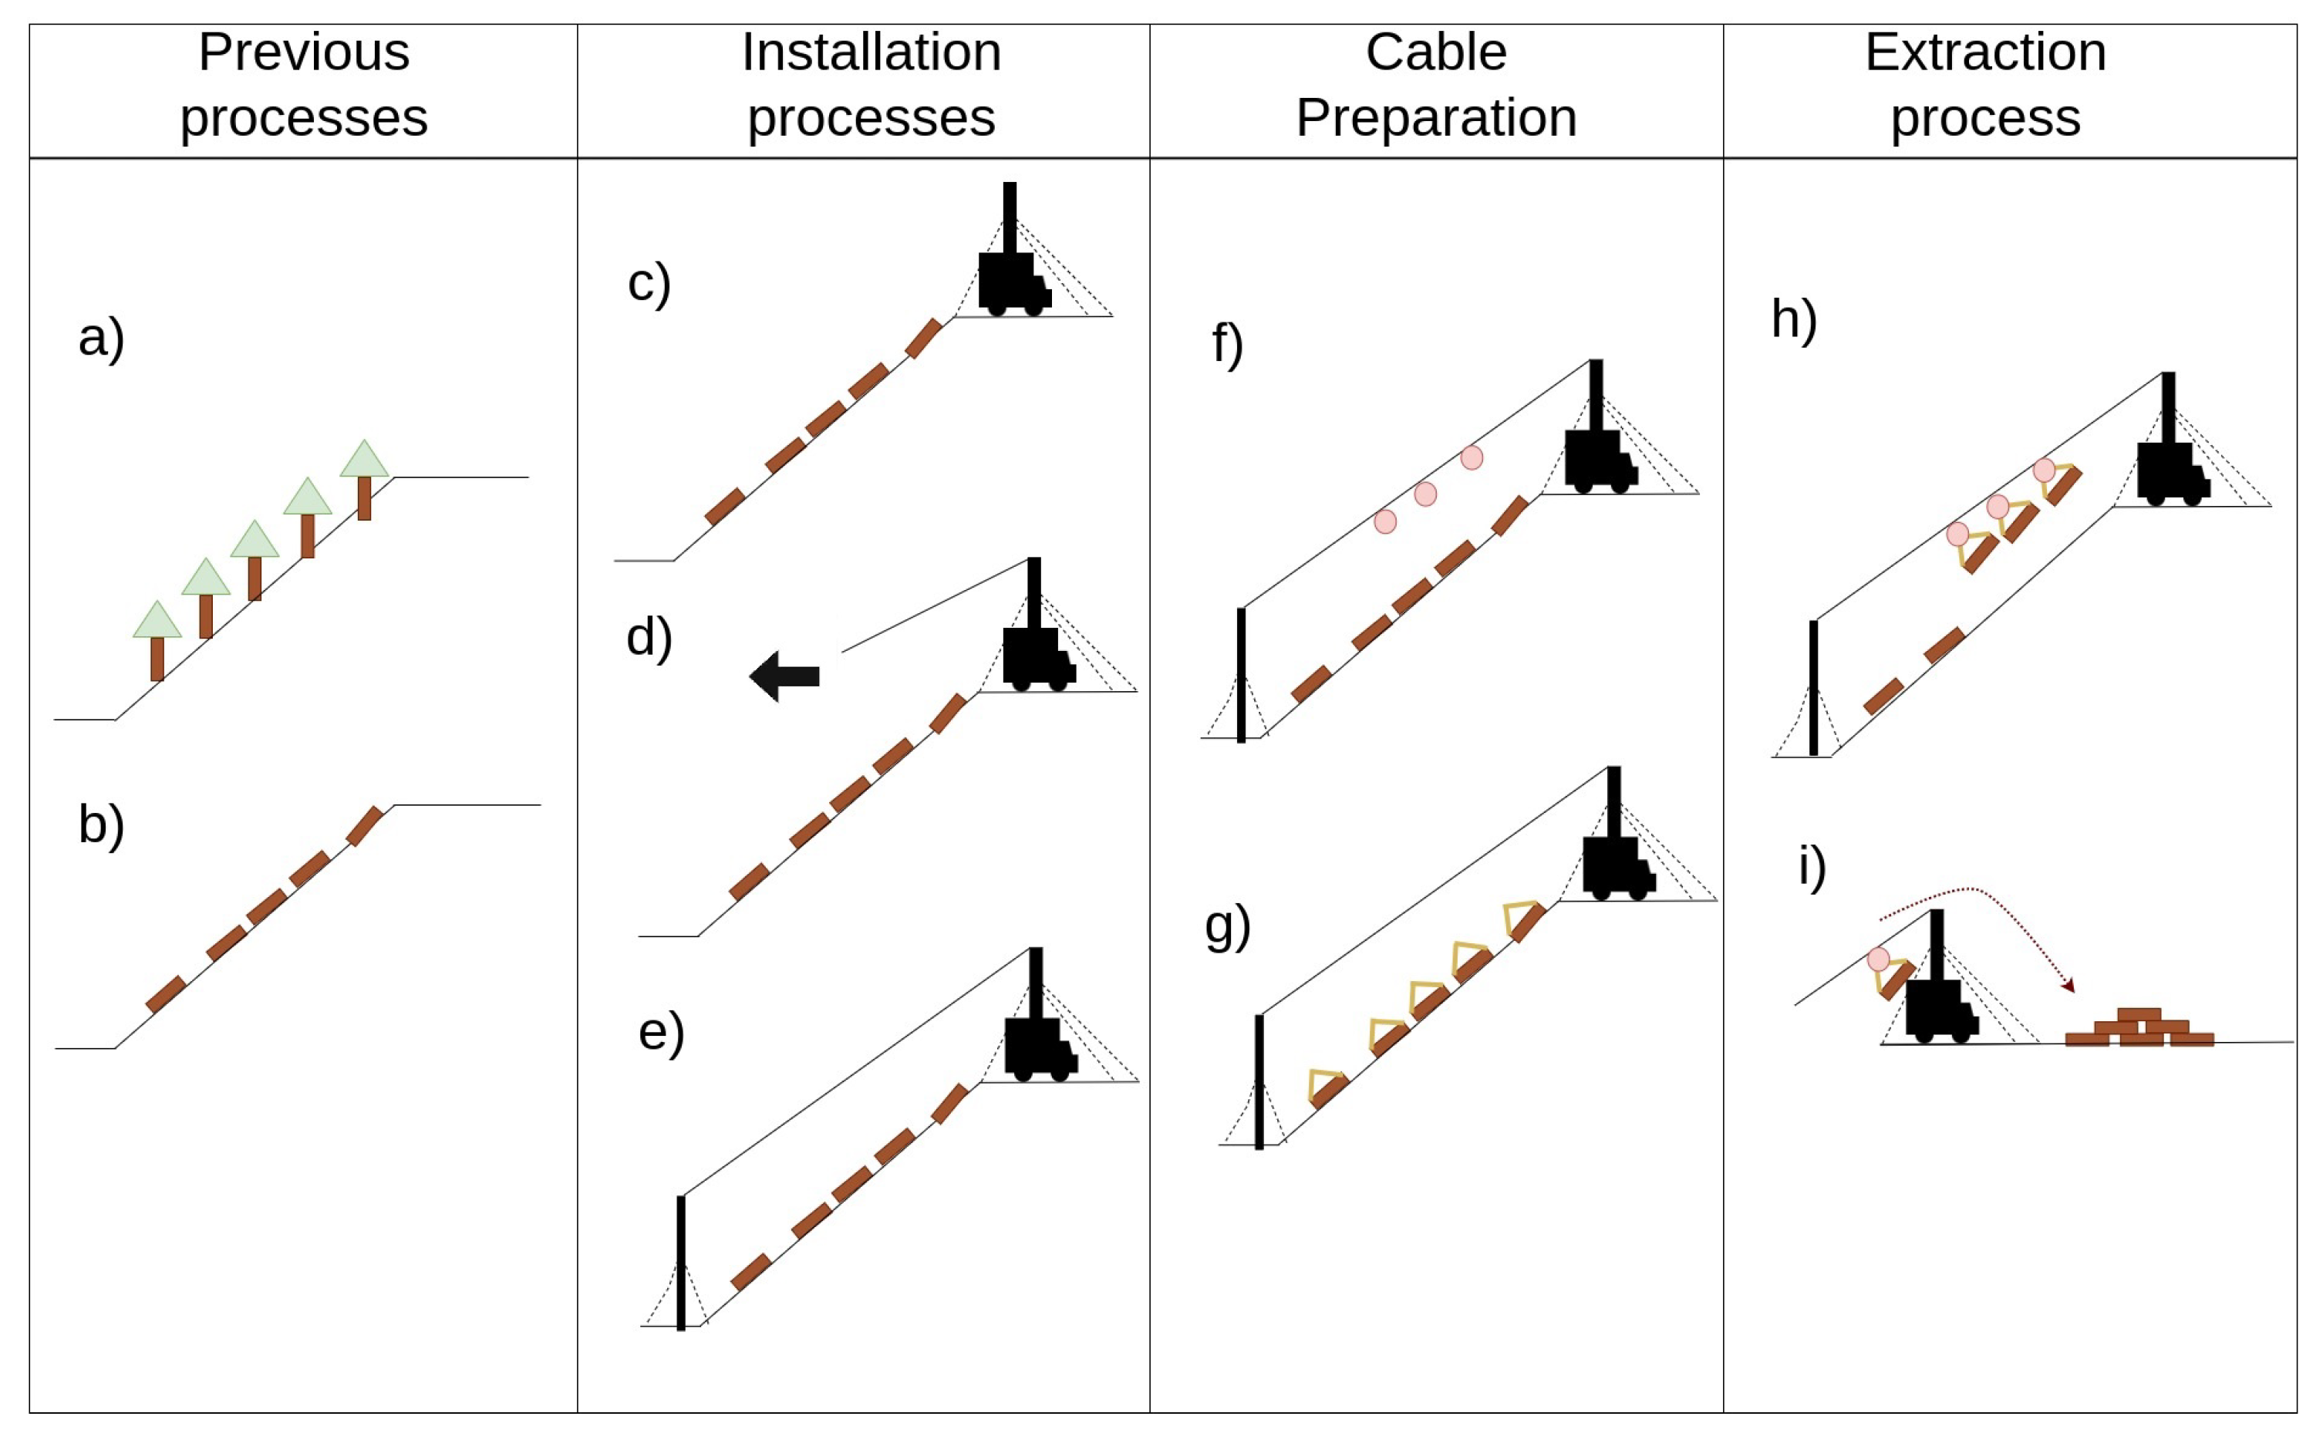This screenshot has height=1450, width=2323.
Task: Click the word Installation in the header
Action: [871, 52]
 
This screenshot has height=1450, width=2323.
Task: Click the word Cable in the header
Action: [1435, 52]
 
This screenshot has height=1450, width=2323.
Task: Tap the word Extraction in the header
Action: [1984, 52]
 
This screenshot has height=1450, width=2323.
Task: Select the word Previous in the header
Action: [303, 52]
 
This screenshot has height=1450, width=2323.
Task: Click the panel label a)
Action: [101, 338]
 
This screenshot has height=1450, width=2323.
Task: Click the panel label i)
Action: [1811, 866]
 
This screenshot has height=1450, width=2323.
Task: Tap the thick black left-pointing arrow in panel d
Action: [784, 676]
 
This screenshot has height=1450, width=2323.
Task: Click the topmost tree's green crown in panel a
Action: [364, 460]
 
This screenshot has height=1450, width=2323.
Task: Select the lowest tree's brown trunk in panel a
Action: [157, 659]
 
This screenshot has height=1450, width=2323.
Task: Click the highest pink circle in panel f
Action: [1472, 458]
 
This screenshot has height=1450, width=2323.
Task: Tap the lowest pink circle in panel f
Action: [1384, 521]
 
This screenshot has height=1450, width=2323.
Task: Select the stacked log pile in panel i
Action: [2139, 1029]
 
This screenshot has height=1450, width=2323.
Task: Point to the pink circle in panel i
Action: [1878, 959]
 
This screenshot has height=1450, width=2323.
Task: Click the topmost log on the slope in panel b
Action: [364, 826]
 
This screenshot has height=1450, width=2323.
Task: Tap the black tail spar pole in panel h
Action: [1813, 688]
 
